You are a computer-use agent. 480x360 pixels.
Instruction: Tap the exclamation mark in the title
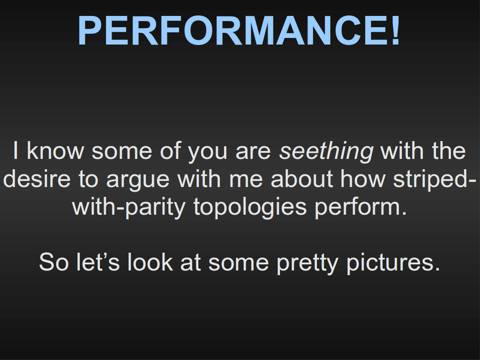(x=395, y=30)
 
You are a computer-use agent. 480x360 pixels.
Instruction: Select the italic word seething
(x=326, y=151)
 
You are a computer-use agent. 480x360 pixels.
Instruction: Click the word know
(x=55, y=150)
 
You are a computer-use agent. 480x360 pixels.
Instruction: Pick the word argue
(x=138, y=180)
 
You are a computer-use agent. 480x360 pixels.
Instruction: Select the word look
(x=150, y=262)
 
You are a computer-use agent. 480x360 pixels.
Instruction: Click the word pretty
(x=307, y=264)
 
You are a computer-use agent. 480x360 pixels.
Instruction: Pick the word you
(x=207, y=153)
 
